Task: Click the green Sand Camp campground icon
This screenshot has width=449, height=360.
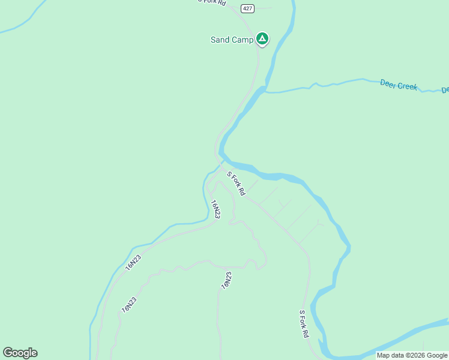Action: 262,39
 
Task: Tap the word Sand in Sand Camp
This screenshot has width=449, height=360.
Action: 220,40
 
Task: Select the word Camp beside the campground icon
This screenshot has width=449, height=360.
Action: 242,40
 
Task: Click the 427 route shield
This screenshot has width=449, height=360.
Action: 247,8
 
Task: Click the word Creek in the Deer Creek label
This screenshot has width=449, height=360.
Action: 408,86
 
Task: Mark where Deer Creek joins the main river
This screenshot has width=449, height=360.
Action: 265,91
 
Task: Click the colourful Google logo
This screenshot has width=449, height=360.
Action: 20,353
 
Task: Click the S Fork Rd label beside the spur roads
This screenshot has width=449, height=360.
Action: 236,184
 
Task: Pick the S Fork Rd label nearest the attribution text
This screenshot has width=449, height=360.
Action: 304,323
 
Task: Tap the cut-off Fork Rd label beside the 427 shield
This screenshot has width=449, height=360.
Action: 214,2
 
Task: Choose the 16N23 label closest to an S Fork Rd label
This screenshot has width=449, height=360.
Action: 215,209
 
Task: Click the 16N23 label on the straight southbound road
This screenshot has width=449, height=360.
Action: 226,280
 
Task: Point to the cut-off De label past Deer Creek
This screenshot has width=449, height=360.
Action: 445,90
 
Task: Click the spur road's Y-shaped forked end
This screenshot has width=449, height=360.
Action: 319,224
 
